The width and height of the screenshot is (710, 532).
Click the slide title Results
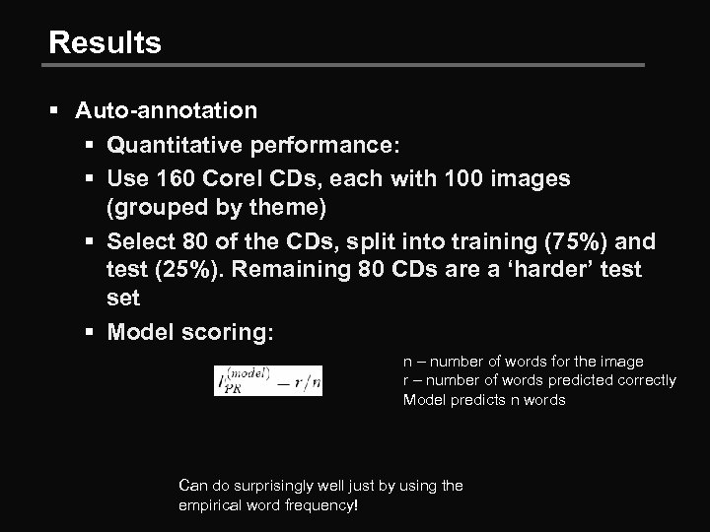tap(105, 43)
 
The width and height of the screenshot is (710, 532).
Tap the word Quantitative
tap(181, 146)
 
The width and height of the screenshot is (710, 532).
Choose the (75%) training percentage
tap(561, 241)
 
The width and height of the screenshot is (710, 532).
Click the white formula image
tap(268, 380)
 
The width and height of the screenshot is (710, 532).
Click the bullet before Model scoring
tap(88, 333)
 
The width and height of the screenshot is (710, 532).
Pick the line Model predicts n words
tap(484, 399)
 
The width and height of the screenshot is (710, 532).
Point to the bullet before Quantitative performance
tap(88, 146)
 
